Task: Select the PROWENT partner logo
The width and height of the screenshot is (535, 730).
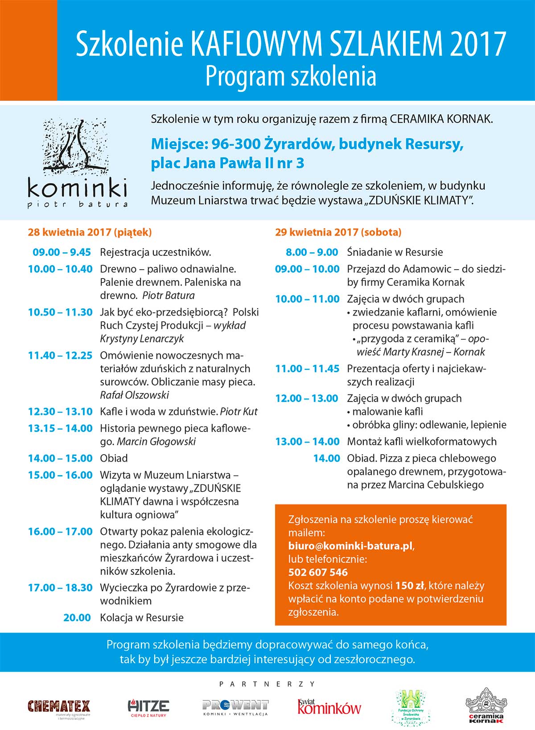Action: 235,707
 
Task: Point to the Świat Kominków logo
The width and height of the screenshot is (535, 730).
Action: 329,707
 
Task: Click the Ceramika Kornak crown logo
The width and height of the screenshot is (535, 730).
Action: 486,705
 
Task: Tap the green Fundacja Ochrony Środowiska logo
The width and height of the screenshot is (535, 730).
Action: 408,705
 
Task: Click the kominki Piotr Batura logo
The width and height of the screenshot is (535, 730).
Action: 77,163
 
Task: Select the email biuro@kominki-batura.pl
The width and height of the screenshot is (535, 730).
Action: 350,546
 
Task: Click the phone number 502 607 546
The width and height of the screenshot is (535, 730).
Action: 318,572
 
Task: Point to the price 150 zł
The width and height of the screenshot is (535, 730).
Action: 410,586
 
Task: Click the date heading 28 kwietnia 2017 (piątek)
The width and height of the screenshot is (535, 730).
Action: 90,232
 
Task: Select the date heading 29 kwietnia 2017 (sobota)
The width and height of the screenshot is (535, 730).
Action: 338,232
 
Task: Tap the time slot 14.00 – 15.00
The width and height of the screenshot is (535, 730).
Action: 60,458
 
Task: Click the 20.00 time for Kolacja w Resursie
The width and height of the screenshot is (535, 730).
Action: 77,618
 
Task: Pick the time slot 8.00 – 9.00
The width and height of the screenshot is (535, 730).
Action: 312,252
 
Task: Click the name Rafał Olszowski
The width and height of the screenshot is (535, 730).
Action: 134,395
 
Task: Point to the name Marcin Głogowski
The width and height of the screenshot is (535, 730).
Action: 156,442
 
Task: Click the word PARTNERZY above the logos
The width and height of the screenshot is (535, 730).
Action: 267,684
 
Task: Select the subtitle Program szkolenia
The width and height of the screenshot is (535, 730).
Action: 291,76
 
